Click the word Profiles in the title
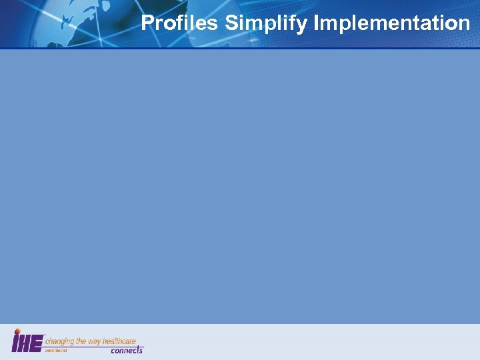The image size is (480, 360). coord(180,24)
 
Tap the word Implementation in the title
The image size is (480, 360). coord(391,25)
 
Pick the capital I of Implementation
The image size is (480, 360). coord(316,24)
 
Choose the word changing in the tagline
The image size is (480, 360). coord(59,341)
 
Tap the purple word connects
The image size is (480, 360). coord(127,350)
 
